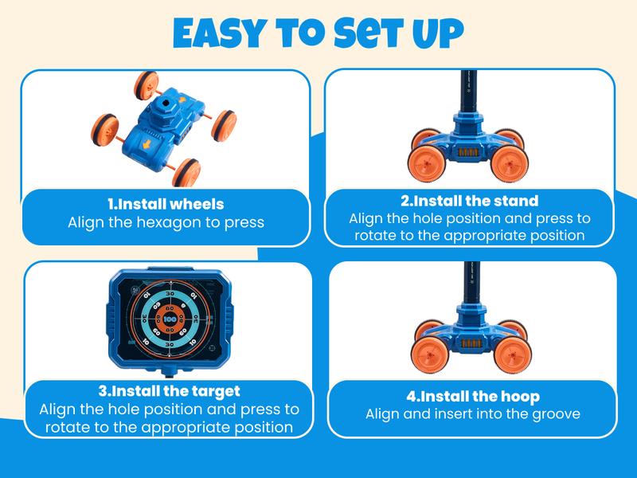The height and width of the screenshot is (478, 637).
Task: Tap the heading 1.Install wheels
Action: [x=166, y=204]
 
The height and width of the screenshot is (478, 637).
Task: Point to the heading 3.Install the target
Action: [x=169, y=392]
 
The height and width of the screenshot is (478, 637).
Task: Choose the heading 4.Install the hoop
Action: [x=472, y=396]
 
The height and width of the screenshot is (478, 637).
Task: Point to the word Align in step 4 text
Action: [x=384, y=414]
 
